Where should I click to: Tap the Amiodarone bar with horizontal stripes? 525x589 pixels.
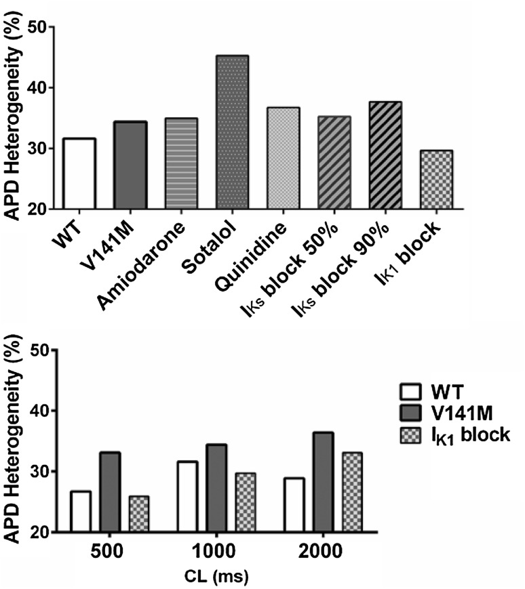(181, 163)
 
